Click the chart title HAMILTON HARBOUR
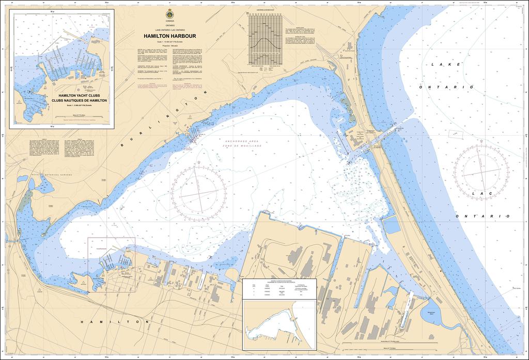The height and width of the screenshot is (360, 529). click(169, 36)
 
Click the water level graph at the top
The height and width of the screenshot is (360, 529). click(266, 38)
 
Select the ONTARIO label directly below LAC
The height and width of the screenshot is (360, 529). click(476, 216)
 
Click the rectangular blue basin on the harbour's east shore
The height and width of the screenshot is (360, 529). click(392, 225)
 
